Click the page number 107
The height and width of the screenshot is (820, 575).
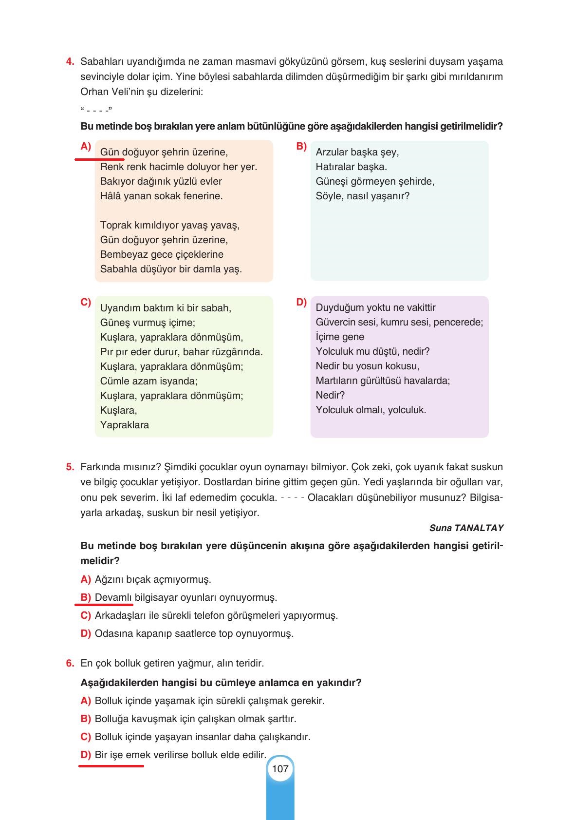tap(280, 769)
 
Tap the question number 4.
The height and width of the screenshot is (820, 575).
tap(70, 62)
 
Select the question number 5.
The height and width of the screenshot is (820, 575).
tap(70, 467)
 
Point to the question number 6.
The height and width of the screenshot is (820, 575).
tap(70, 663)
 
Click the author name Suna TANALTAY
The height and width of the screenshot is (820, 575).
tap(466, 528)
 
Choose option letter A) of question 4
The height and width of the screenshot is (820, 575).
tap(86, 146)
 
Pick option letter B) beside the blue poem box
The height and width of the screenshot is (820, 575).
tap(301, 146)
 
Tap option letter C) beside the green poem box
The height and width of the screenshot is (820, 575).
tap(86, 302)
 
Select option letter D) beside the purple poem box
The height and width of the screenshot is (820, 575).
tap(301, 302)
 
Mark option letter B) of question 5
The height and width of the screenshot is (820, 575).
tap(86, 597)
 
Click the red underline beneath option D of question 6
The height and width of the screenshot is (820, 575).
tap(111, 766)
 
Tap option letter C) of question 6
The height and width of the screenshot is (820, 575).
tap(86, 737)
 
